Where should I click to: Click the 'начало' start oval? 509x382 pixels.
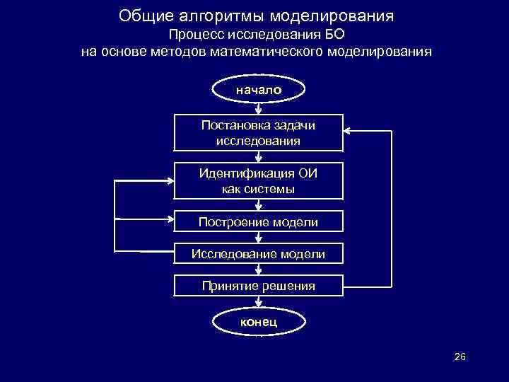pos(258,90)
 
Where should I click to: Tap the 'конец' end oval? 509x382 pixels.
pos(258,322)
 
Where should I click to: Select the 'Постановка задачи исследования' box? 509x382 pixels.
pos(258,132)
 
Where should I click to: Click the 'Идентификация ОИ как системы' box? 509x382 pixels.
pos(258,181)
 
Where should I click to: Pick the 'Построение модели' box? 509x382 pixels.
pos(258,222)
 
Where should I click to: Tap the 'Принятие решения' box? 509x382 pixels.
pos(258,286)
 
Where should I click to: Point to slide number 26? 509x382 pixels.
pos(460,357)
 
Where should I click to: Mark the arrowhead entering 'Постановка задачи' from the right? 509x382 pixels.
pos(347,130)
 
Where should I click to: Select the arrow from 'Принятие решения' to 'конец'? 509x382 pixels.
pos(258,302)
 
